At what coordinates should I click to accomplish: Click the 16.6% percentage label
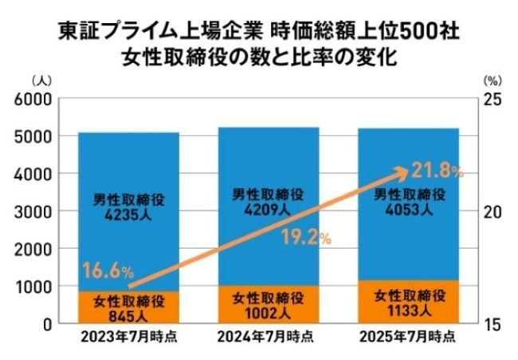click(107, 272)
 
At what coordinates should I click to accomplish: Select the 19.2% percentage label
click(306, 237)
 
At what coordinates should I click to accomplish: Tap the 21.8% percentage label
click(438, 169)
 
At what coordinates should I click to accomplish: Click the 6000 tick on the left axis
click(34, 99)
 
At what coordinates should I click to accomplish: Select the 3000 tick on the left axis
click(34, 212)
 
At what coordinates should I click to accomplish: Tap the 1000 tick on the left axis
click(34, 287)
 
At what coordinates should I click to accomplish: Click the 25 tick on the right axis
click(493, 99)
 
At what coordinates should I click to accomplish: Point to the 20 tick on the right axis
click(493, 212)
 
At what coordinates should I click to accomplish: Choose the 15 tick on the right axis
click(493, 324)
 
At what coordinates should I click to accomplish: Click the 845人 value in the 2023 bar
click(128, 313)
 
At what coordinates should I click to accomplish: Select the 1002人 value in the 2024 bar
click(268, 312)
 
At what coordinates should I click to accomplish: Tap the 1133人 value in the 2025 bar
click(408, 311)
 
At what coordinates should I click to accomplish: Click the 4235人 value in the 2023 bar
click(128, 212)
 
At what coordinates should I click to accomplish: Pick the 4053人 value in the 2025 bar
click(408, 211)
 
